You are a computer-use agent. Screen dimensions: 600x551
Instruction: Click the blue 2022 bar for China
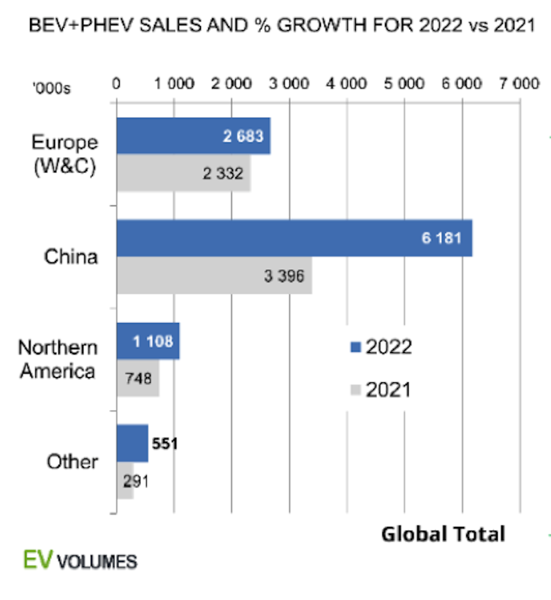click(x=292, y=238)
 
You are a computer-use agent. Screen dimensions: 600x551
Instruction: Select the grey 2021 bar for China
click(x=212, y=276)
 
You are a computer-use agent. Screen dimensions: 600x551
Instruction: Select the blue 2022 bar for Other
click(x=132, y=443)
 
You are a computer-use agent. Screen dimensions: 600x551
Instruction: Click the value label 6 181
click(x=442, y=239)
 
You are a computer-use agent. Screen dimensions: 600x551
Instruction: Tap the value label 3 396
click(x=284, y=276)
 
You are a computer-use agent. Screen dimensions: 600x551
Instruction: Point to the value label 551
click(x=164, y=443)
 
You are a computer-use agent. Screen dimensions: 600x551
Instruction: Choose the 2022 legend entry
click(x=381, y=346)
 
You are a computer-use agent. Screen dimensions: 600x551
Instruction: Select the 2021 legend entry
click(x=381, y=390)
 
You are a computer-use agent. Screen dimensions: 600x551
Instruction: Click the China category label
click(x=71, y=257)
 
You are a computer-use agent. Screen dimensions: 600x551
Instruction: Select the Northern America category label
click(x=58, y=358)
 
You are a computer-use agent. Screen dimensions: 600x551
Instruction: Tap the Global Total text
click(x=443, y=534)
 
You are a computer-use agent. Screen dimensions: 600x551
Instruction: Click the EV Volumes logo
click(x=78, y=561)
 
